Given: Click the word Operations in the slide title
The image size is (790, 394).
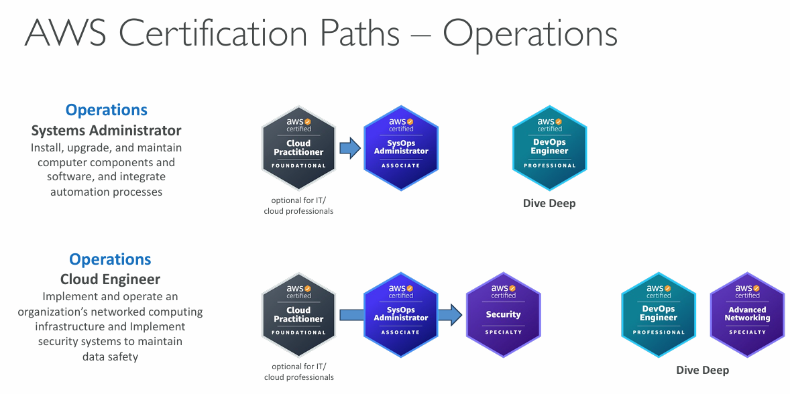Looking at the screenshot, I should point(530,34).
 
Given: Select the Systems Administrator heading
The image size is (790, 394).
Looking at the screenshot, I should point(107,130).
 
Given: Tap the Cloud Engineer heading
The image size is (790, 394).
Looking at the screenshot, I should point(110,279).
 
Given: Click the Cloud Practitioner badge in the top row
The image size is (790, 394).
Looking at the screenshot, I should point(298,147).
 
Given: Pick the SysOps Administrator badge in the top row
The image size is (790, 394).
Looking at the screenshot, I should point(401,147).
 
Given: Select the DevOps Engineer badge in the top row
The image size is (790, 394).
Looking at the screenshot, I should point(549,147).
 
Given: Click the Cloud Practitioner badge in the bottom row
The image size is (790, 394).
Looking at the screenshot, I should point(298,314).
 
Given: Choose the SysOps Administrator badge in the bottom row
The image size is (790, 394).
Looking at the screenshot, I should point(401,314).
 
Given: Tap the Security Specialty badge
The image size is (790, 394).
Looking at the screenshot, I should point(503,314).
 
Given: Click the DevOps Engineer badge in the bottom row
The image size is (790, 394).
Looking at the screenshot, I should point(658,314).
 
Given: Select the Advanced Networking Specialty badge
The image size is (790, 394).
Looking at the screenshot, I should point(747,314).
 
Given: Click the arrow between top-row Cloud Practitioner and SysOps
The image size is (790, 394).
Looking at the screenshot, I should point(349,147).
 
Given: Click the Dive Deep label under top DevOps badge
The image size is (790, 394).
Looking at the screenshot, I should point(549,203).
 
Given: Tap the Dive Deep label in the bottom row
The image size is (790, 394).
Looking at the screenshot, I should point(702,370).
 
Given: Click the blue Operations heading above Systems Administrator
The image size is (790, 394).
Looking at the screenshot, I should point(107,110).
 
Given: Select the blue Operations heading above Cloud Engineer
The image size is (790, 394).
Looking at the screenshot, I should point(110,259).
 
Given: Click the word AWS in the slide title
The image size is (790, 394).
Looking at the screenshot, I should point(64,34).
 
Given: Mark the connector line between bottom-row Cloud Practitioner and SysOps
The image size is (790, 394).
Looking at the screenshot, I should point(350,314).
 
